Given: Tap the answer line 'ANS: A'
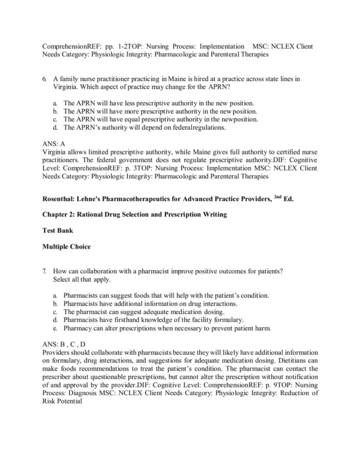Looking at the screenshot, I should pos(54,144).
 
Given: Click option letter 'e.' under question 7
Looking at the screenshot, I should pos(55,328).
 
